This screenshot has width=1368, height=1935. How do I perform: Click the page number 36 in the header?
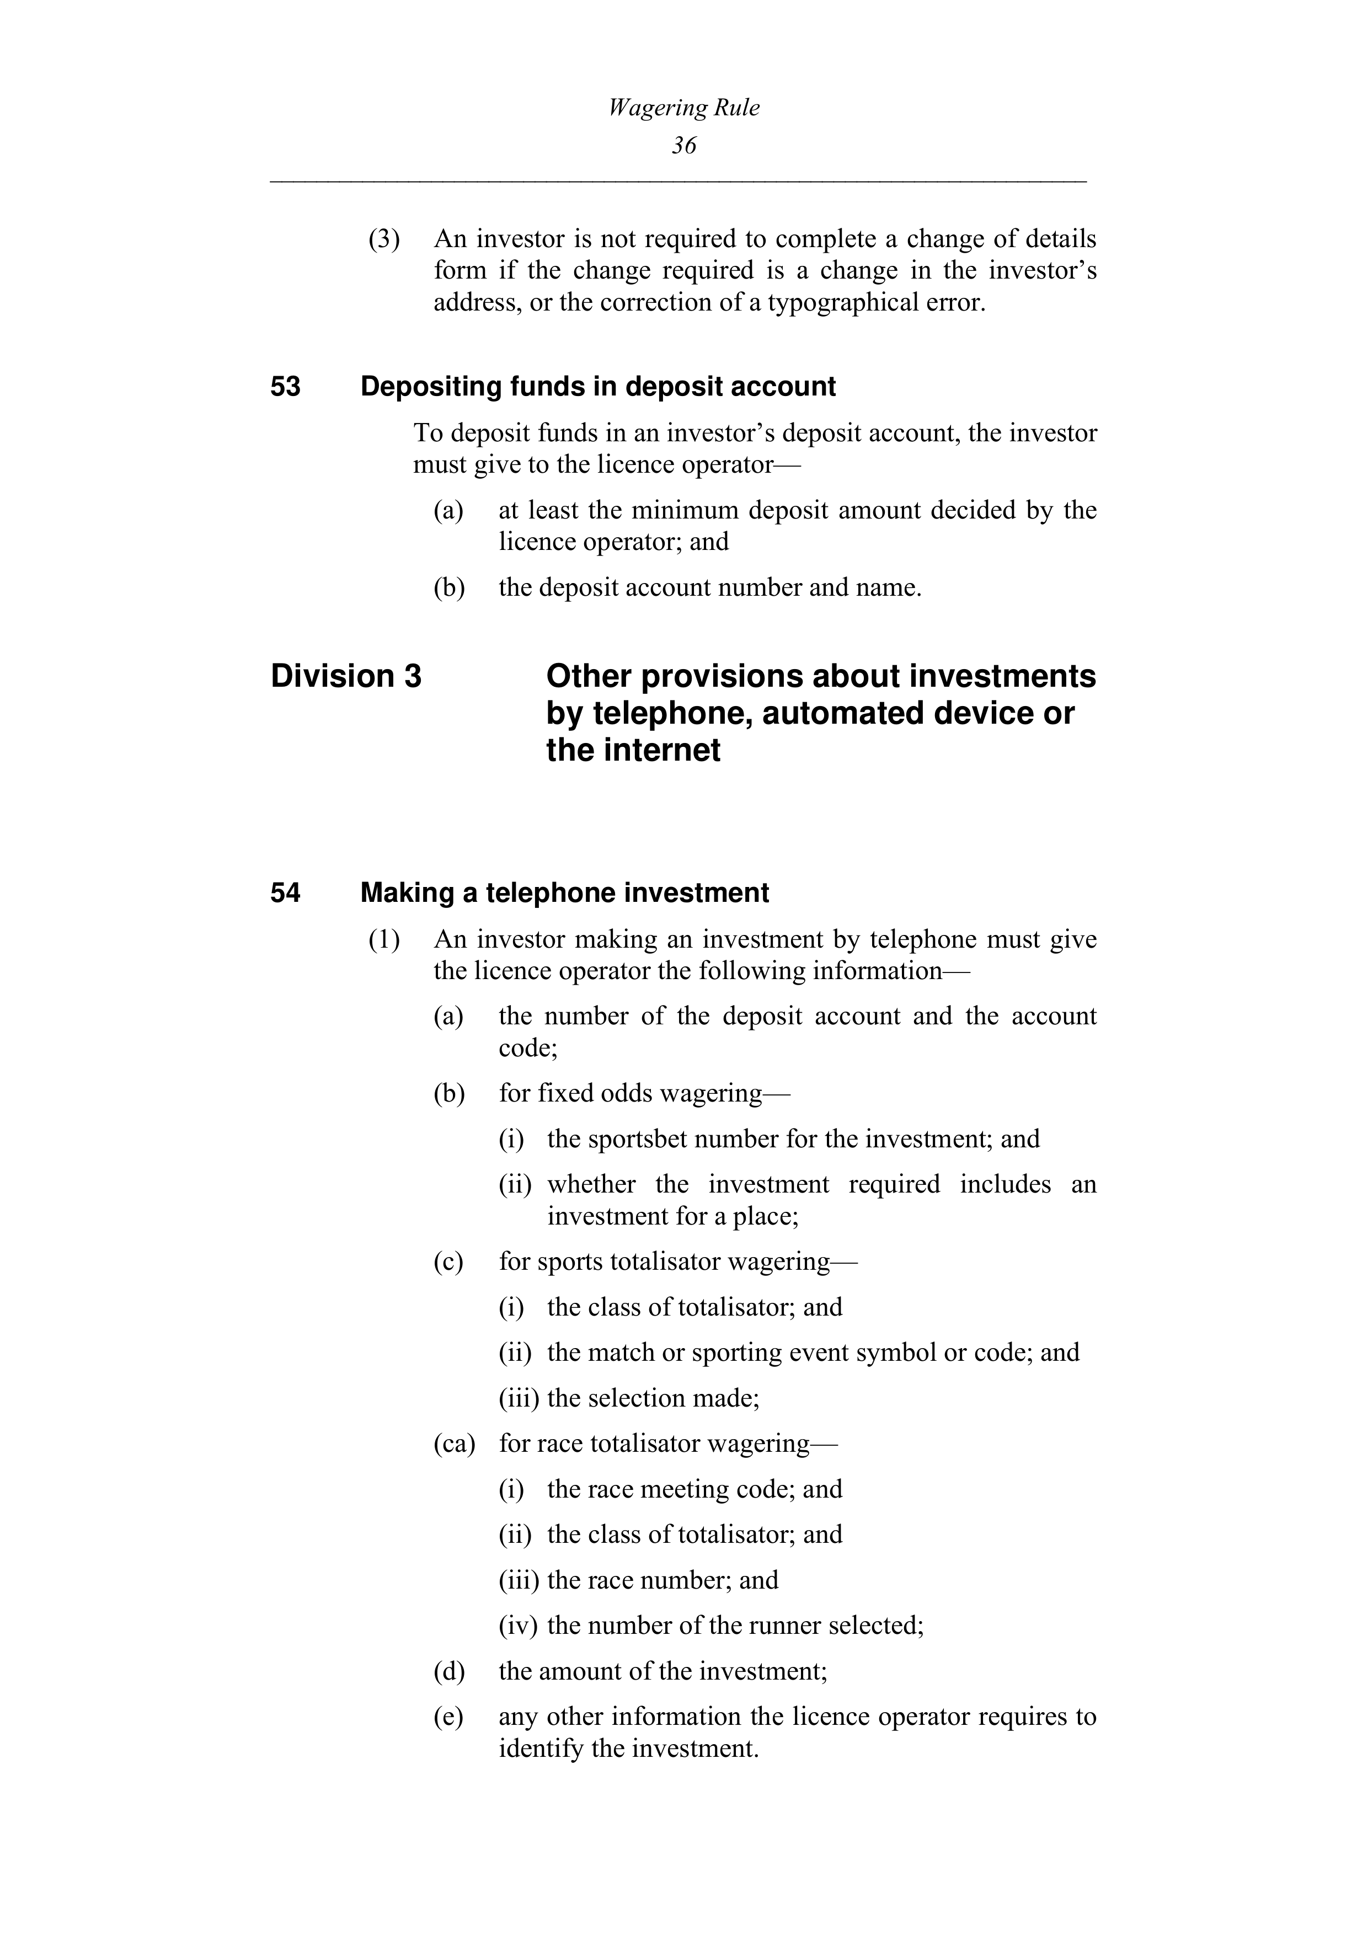click(x=683, y=146)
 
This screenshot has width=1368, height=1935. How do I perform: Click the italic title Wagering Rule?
click(x=683, y=108)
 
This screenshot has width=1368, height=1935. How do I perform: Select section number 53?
click(x=286, y=387)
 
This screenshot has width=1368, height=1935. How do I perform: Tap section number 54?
click(x=286, y=894)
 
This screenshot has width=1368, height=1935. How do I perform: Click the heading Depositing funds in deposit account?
click(x=597, y=387)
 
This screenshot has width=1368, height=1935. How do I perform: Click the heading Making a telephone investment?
click(x=564, y=894)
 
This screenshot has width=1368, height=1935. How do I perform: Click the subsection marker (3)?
click(x=384, y=239)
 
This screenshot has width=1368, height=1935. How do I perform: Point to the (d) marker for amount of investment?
click(x=448, y=1671)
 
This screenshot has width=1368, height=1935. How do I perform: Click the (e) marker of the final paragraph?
click(x=448, y=1717)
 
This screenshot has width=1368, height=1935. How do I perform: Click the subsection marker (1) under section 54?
click(x=384, y=940)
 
